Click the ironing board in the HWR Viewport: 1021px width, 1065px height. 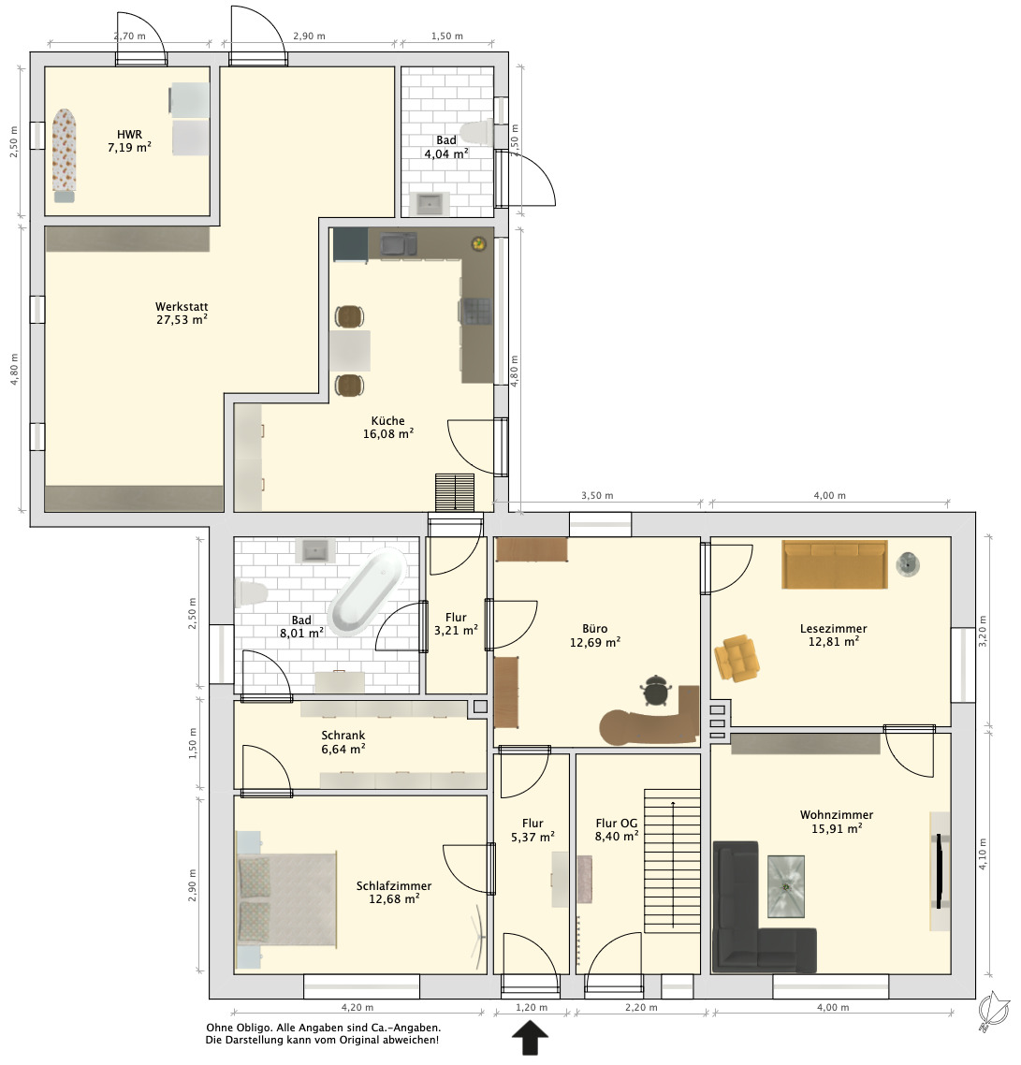click(65, 155)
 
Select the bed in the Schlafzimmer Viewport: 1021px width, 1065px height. click(286, 899)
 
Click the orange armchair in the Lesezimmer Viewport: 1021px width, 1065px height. click(737, 657)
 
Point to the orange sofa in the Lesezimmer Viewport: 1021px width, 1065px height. click(835, 563)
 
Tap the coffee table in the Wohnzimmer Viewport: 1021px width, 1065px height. click(786, 886)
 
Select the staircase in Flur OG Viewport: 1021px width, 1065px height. click(672, 861)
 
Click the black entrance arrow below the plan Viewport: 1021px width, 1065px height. click(530, 1039)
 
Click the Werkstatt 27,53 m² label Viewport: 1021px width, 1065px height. click(182, 314)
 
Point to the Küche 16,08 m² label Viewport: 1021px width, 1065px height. click(387, 428)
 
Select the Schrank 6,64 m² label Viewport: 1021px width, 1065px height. click(343, 742)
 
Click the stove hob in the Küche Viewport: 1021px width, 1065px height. click(476, 311)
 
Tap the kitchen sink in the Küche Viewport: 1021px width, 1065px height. click(398, 244)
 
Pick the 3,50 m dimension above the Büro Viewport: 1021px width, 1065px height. click(596, 496)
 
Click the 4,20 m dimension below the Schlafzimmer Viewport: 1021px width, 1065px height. click(357, 1008)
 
